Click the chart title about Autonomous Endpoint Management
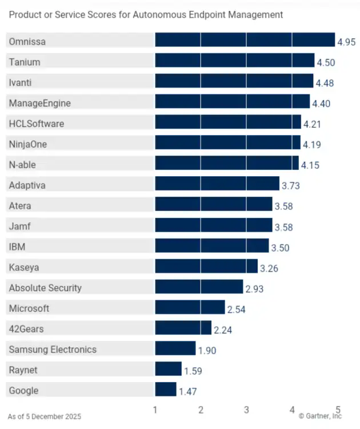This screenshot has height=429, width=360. tap(146, 15)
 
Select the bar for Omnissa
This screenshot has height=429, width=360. tap(245, 39)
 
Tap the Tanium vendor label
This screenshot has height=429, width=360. tap(25, 62)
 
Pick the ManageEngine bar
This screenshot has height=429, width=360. tap(232, 103)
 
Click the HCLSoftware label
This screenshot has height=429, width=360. tap(37, 124)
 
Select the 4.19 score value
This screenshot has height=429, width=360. tap(311, 145)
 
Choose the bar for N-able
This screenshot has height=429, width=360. tap(226, 165)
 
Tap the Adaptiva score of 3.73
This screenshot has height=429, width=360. tap(291, 186)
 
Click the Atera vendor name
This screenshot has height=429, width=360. tap(20, 206)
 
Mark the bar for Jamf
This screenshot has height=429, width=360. tap(214, 227)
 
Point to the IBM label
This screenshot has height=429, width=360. tap(17, 247)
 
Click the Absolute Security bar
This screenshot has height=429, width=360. tap(199, 288)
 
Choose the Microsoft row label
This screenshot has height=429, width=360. tap(29, 308)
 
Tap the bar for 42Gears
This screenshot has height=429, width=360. tap(183, 329)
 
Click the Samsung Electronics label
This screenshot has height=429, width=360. tap(53, 349)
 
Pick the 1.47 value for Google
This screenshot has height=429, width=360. tap(188, 392)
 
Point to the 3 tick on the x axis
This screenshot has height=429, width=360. tap(246, 410)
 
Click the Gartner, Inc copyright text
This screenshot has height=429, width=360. tap(319, 416)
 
